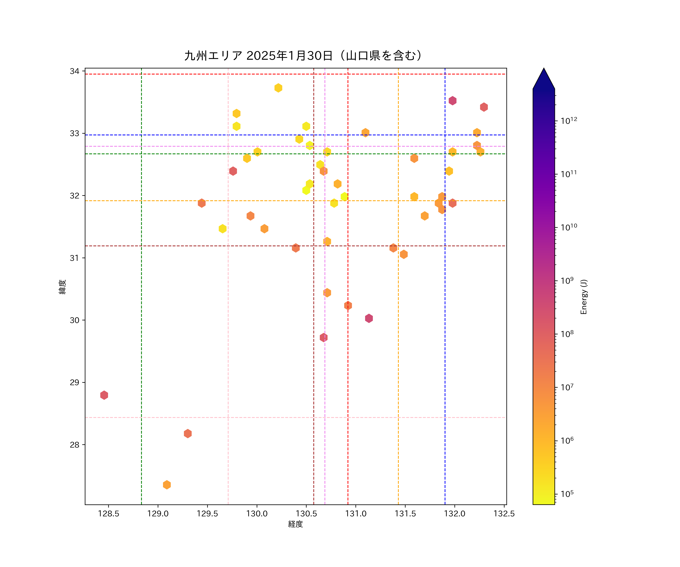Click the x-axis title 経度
(295, 524)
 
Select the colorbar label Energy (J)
(583, 297)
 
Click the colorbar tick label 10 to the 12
(569, 121)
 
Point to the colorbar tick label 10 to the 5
(567, 494)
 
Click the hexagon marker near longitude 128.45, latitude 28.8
(104, 395)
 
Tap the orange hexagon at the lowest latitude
(167, 485)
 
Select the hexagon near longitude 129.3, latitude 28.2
(188, 434)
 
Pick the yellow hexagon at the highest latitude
(278, 88)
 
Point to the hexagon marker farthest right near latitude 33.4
(484, 107)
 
